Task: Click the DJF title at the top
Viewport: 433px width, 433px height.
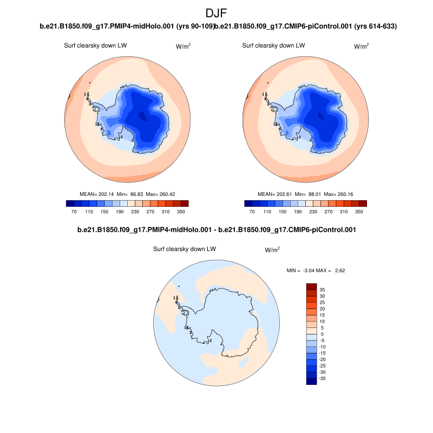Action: pyautogui.click(x=216, y=13)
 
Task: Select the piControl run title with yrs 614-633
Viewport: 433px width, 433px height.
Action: pyautogui.click(x=306, y=26)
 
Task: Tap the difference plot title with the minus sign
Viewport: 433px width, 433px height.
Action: pyautogui.click(x=216, y=230)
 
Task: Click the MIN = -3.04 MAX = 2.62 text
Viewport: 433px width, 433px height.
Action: pyautogui.click(x=315, y=270)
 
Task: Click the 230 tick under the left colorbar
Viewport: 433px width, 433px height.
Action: pyautogui.click(x=128, y=212)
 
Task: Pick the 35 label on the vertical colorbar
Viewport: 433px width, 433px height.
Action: pyautogui.click(x=322, y=290)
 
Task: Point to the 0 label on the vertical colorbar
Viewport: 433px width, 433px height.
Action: pyautogui.click(x=322, y=334)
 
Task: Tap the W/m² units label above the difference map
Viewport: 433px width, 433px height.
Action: pyautogui.click(x=272, y=250)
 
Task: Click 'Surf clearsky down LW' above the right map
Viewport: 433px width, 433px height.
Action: pyautogui.click(x=274, y=45)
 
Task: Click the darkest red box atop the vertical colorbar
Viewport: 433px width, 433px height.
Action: pyautogui.click(x=311, y=286)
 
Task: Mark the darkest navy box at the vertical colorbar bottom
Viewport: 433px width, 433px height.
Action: pyautogui.click(x=311, y=382)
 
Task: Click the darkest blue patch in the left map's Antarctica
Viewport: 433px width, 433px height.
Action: pyautogui.click(x=142, y=115)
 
